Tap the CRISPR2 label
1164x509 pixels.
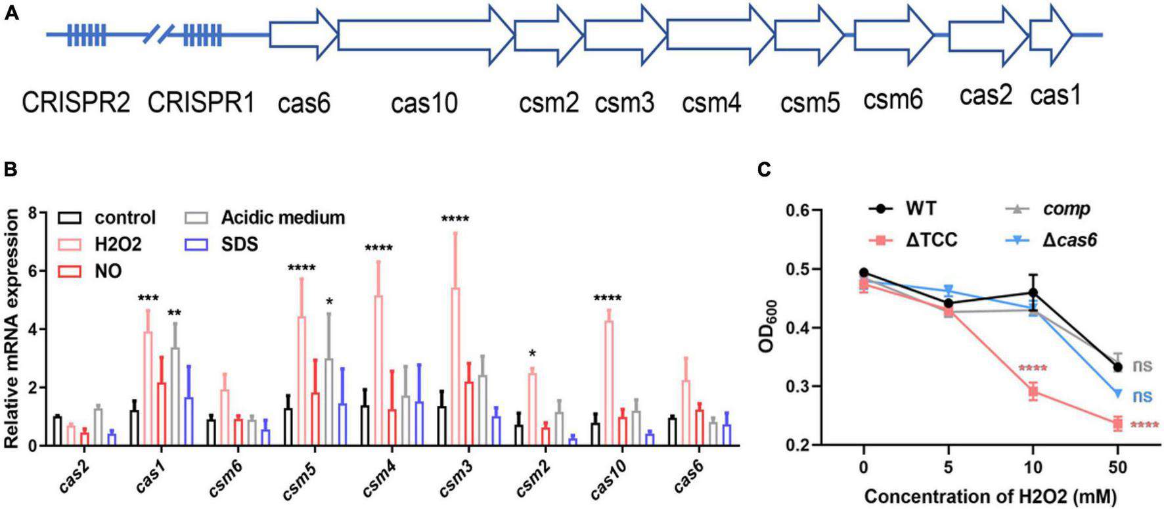[x=76, y=102]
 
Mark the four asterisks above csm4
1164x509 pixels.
[x=378, y=248]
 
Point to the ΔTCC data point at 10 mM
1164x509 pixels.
[x=1033, y=392]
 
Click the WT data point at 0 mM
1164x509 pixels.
[x=864, y=273]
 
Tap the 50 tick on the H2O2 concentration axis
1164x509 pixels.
[x=1117, y=468]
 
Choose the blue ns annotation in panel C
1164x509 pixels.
[x=1142, y=396]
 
